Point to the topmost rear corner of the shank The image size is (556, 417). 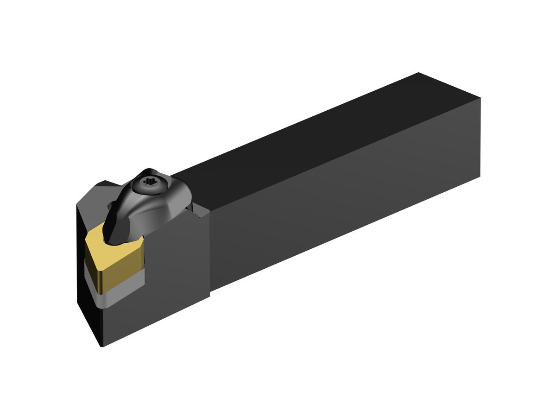418,73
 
